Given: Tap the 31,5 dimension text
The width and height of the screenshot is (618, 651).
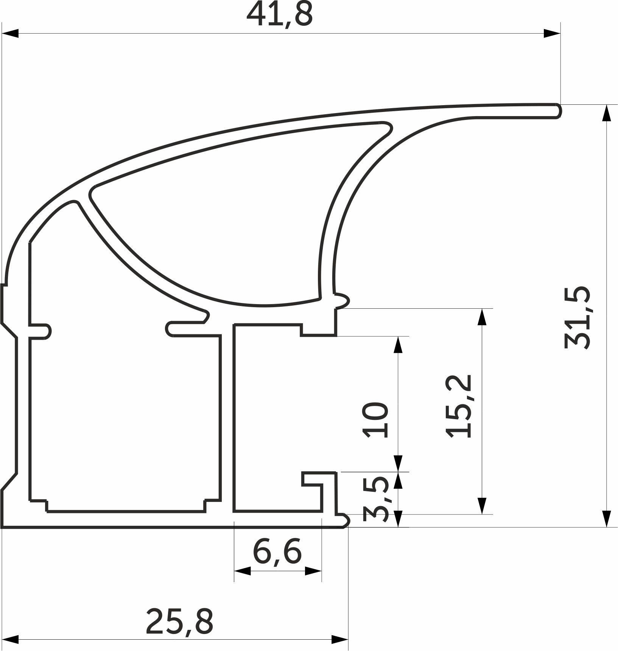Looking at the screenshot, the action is pos(577,317).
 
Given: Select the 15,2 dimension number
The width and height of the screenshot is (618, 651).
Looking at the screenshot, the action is pos(459,406).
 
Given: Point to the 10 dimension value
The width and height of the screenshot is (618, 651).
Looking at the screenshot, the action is pos(376,419).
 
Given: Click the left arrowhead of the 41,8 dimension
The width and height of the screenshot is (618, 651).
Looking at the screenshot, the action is pos(10,33).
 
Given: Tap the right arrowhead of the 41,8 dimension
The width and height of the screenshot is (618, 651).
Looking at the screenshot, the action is pos(552,33).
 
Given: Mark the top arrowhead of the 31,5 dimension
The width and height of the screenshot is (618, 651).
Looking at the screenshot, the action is pos(606,113).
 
